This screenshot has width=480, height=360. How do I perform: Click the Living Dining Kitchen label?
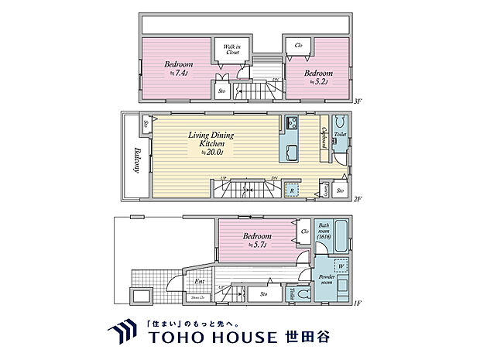click(211, 143)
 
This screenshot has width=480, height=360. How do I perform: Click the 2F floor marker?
click(358, 199)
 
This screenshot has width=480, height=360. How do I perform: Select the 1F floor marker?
click(358, 301)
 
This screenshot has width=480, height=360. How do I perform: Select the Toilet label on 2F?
click(339, 134)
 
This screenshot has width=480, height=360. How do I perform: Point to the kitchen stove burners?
click(293, 123)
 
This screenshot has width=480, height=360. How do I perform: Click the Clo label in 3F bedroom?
click(299, 45)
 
